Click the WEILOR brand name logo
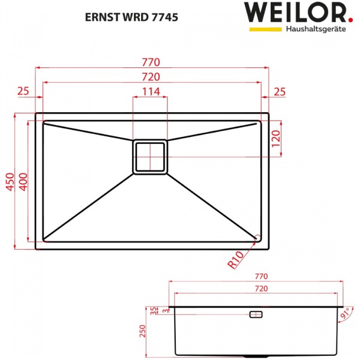click(295, 13)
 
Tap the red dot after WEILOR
click(350, 20)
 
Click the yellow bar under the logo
click(266, 29)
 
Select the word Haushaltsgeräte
click(316, 29)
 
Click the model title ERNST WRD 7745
click(131, 17)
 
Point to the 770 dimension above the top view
click(151, 62)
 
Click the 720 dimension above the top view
click(151, 77)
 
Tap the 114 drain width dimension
click(151, 92)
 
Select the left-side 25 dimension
click(23, 91)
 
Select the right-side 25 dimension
click(280, 92)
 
